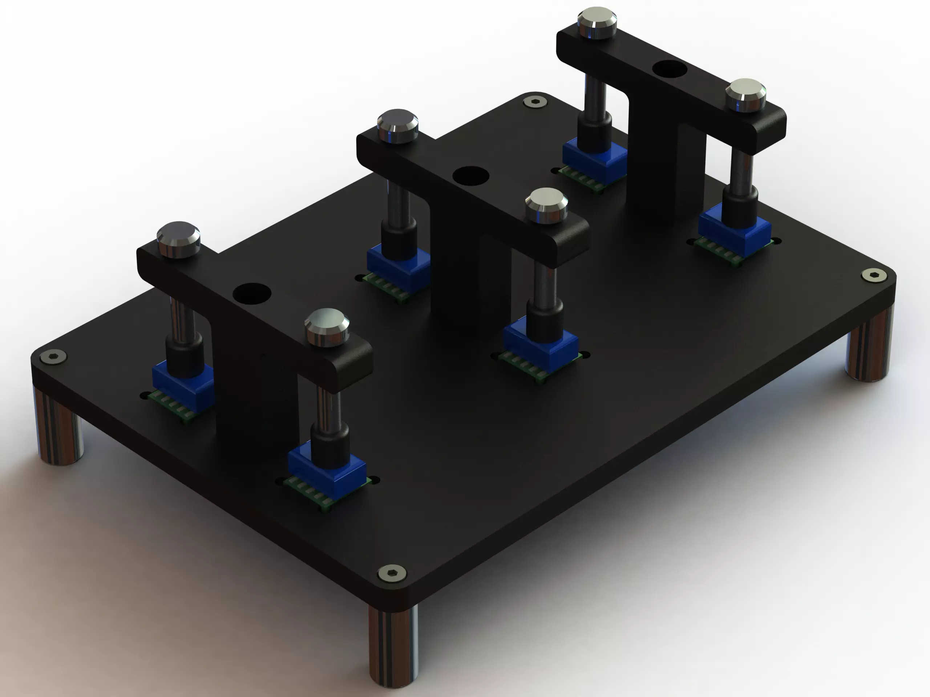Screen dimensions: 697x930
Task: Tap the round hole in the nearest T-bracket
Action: (x=251, y=293)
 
